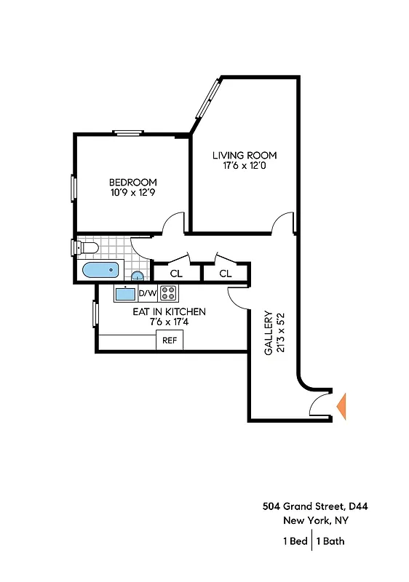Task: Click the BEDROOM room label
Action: (132, 182)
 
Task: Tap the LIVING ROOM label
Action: (245, 155)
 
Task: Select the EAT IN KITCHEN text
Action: (169, 311)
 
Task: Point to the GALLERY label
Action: (268, 333)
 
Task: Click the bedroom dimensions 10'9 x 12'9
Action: (132, 194)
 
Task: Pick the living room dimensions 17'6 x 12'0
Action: (245, 166)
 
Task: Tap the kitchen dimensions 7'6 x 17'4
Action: (169, 322)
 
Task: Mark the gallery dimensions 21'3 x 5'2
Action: (279, 333)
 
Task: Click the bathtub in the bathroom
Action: (100, 271)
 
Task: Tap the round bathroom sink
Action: (137, 276)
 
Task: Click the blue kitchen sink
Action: (125, 294)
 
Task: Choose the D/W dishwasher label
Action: (147, 294)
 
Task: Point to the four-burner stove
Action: (169, 293)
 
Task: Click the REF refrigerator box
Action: (170, 340)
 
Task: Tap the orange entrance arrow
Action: (341, 406)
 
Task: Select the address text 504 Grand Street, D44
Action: (319, 506)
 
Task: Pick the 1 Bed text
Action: (294, 541)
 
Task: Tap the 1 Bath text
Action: (330, 541)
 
